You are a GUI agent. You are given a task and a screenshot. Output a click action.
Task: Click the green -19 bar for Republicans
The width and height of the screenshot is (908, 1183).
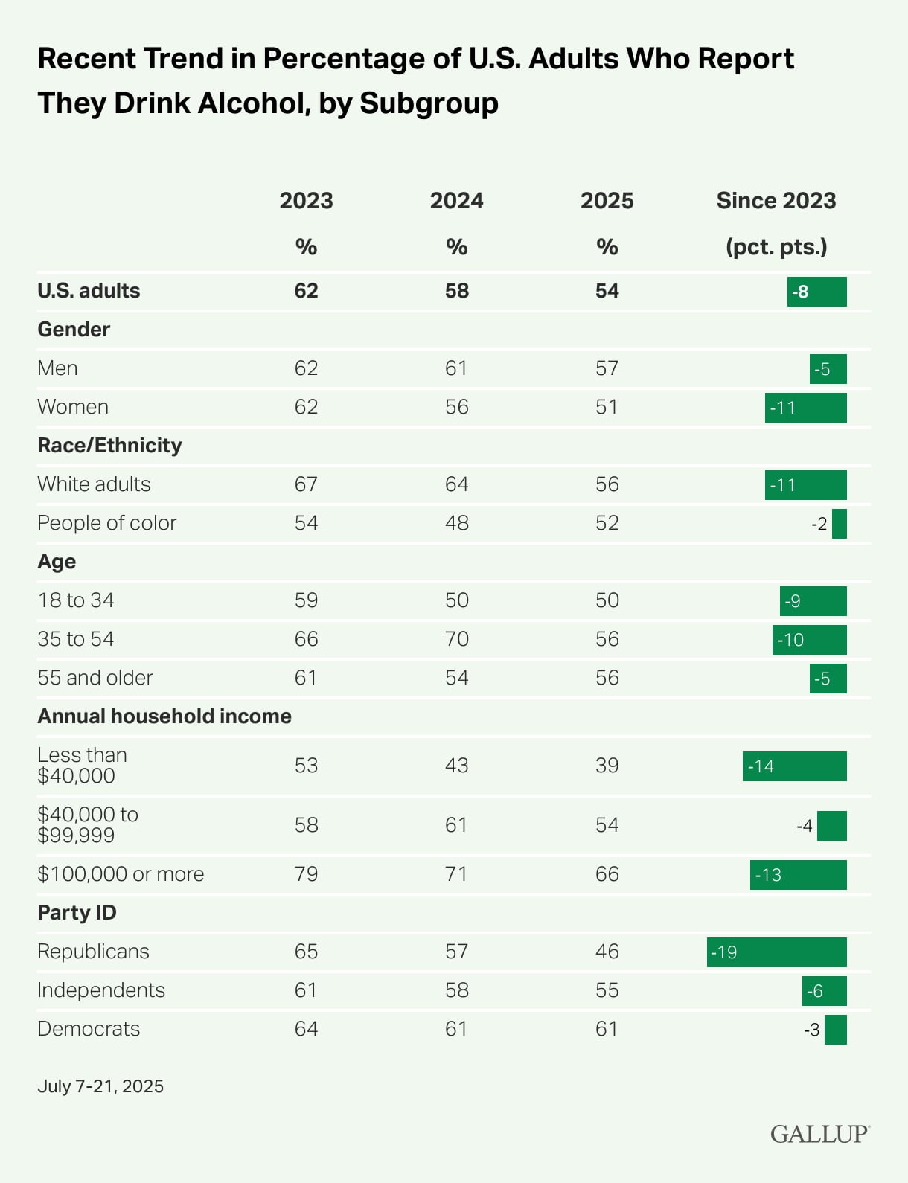(x=776, y=952)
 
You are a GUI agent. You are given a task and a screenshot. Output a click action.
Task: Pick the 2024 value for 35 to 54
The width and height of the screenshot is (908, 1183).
(x=456, y=639)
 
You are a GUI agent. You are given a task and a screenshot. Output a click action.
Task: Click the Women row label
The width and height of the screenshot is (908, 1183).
(x=73, y=407)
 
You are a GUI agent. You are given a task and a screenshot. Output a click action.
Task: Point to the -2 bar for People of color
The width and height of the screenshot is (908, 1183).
(x=839, y=524)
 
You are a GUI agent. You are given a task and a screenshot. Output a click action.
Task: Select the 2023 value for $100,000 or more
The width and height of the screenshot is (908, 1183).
(x=306, y=874)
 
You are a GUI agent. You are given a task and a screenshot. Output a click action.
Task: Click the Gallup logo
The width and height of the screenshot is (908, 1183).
(x=819, y=1134)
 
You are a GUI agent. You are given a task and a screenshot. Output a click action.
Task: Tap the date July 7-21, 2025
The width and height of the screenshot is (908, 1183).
(x=100, y=1086)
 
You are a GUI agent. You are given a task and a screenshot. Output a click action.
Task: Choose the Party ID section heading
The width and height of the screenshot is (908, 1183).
(x=77, y=913)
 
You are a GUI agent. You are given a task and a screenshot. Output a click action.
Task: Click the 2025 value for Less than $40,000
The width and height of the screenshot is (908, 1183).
(x=607, y=766)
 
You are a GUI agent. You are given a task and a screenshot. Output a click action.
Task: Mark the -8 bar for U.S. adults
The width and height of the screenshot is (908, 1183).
(x=816, y=292)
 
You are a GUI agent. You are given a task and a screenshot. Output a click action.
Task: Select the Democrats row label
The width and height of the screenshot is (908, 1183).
(x=89, y=1029)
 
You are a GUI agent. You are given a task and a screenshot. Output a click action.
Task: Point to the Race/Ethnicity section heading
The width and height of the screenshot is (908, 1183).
(x=109, y=446)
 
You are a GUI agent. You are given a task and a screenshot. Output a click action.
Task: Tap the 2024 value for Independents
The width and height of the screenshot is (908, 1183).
(x=456, y=990)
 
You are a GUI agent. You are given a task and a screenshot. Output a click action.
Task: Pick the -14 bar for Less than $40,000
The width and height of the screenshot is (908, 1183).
(x=794, y=766)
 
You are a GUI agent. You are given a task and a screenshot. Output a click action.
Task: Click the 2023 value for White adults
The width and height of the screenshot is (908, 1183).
(x=306, y=484)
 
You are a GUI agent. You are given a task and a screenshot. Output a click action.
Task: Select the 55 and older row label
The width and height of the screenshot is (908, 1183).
(x=95, y=678)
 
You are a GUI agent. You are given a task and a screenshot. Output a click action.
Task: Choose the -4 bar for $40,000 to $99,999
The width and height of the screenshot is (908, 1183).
(x=831, y=826)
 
